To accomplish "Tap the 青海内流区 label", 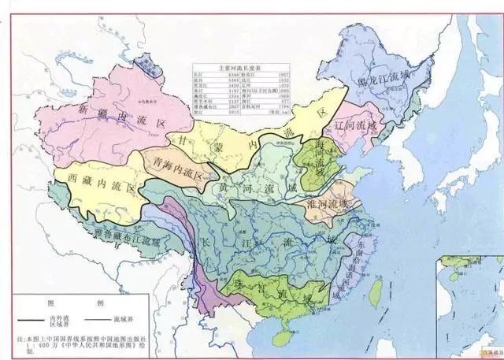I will pyautogui.click(x=176, y=168).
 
